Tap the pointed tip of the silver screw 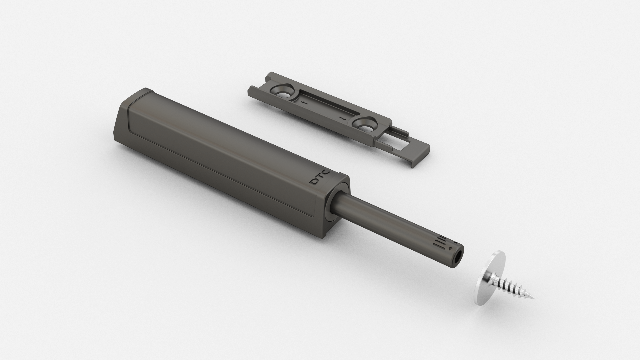534,298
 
